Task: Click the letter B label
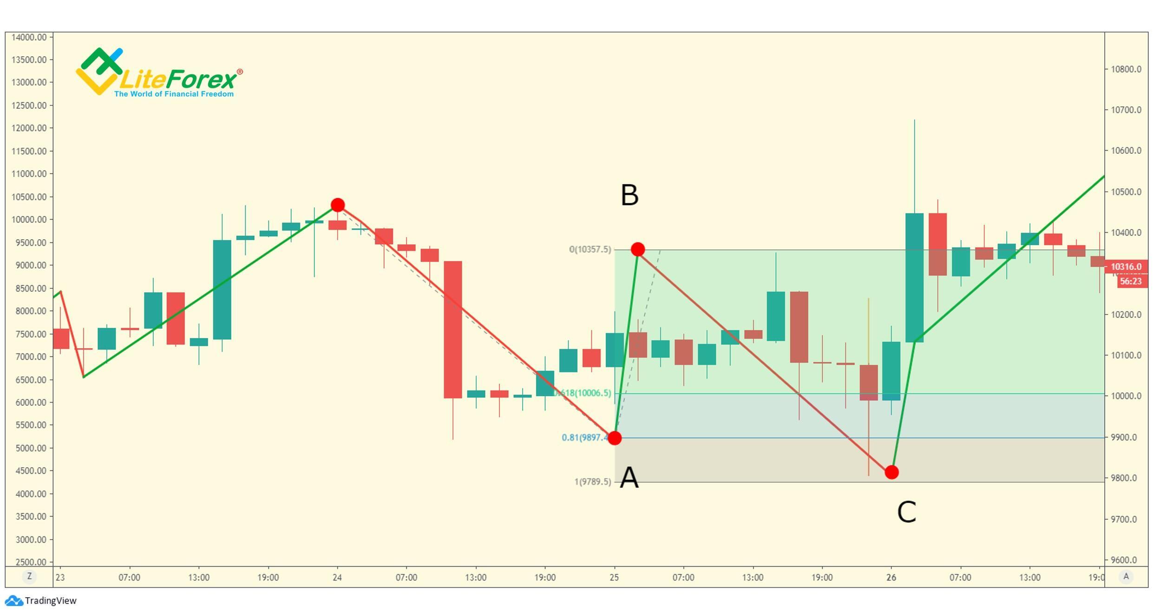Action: pos(629,195)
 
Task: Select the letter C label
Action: pos(906,512)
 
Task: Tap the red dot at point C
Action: pos(891,472)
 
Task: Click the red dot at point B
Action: pos(638,249)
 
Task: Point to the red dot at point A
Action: pos(615,438)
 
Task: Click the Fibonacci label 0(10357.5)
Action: pos(590,249)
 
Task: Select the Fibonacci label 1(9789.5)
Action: pos(593,482)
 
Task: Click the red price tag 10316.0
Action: pos(1126,267)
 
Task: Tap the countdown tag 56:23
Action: pos(1130,281)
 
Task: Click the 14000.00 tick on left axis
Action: pos(29,37)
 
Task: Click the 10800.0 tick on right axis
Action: pos(1126,69)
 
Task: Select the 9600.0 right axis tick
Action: pos(1126,560)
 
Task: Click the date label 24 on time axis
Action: pos(337,577)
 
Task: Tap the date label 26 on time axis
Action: pos(891,577)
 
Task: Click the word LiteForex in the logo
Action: pos(177,80)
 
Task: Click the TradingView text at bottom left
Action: pos(50,601)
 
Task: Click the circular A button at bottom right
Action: pos(1126,577)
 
